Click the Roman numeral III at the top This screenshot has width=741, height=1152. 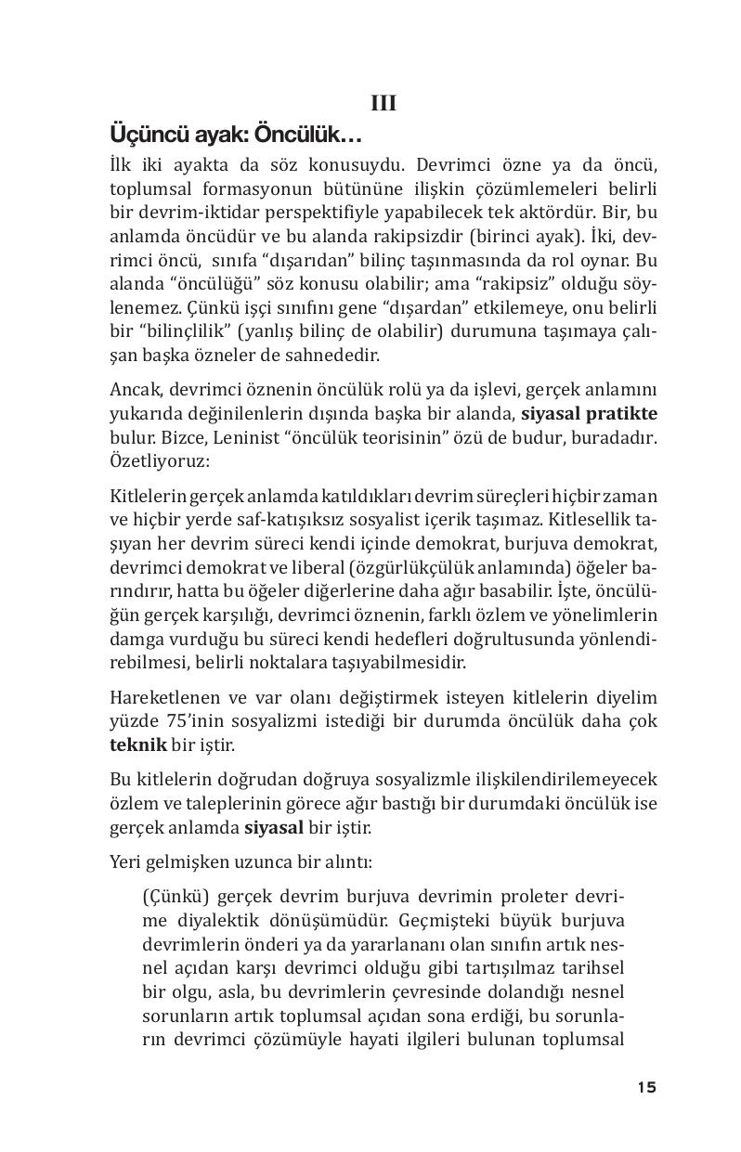383,104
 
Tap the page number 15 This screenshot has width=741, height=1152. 646,1087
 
